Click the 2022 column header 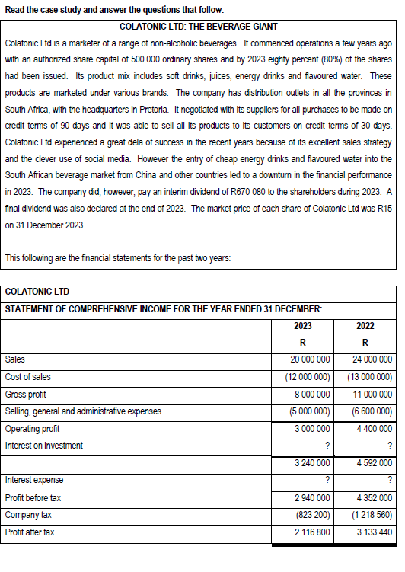tap(365, 326)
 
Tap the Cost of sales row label tap(28, 377)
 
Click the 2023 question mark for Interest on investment tap(326, 446)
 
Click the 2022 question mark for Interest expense tap(389, 481)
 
